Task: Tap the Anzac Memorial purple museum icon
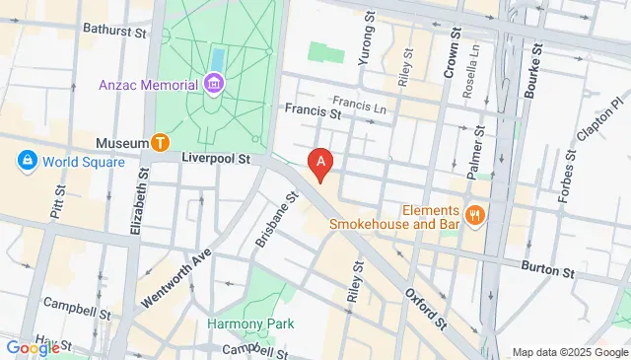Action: pyautogui.click(x=214, y=85)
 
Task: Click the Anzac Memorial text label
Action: pyautogui.click(x=147, y=85)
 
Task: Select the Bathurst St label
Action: pyautogui.click(x=115, y=30)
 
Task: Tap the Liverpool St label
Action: pyautogui.click(x=217, y=157)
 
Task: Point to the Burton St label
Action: pyautogui.click(x=547, y=269)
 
